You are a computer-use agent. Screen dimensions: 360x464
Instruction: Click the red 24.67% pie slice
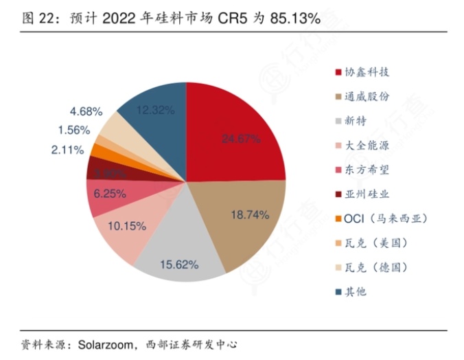click(x=240, y=137)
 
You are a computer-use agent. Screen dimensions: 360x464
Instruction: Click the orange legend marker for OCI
click(x=338, y=218)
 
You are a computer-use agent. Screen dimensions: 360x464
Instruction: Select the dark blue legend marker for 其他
click(x=338, y=291)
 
